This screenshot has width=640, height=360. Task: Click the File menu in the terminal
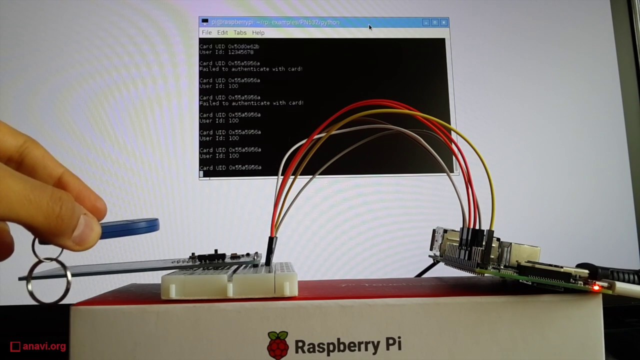click(206, 32)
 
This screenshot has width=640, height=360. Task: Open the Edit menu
click(222, 32)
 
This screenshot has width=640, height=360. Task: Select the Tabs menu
click(240, 32)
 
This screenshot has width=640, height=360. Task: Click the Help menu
click(258, 32)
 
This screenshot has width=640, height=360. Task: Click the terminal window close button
click(443, 22)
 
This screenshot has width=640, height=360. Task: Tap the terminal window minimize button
click(425, 22)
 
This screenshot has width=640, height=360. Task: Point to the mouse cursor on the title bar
click(370, 27)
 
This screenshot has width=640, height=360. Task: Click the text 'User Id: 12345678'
click(226, 52)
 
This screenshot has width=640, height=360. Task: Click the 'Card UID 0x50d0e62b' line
click(229, 46)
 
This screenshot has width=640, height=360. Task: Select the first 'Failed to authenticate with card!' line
click(251, 69)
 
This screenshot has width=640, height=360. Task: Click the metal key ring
click(47, 280)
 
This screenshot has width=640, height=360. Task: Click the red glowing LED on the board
click(596, 287)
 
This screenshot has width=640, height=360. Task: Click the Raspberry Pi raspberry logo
click(277, 345)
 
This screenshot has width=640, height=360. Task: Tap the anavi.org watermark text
click(44, 346)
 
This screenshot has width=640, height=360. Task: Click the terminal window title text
click(275, 22)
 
